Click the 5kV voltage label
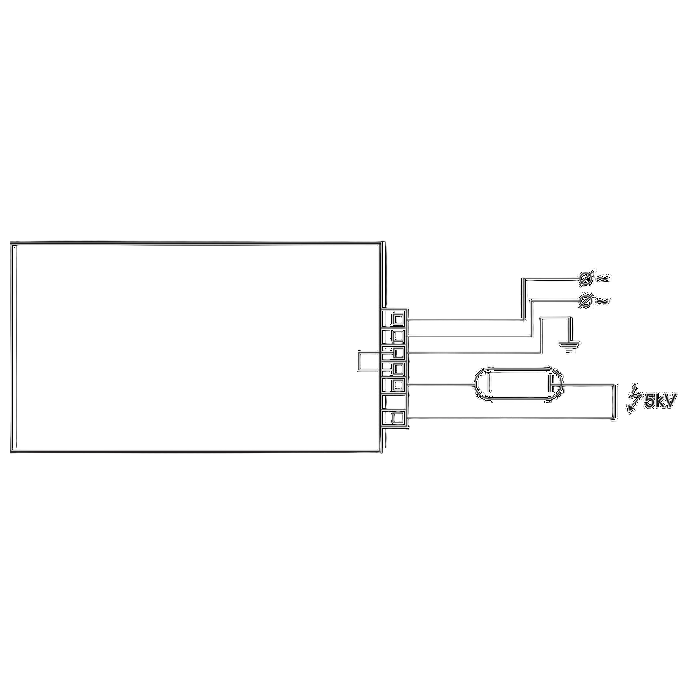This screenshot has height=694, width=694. [x=660, y=401]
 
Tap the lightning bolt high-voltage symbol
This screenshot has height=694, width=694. [x=634, y=398]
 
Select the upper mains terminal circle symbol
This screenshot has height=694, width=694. [x=586, y=278]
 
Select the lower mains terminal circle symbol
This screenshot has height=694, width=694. [x=586, y=301]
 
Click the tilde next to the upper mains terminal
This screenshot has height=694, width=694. [x=602, y=278]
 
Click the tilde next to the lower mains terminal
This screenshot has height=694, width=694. [x=602, y=301]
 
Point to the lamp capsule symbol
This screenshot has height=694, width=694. [x=519, y=383]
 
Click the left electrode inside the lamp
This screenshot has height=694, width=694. [x=488, y=384]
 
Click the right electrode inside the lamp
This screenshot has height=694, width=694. [x=552, y=384]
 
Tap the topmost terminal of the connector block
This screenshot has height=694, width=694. [x=393, y=318]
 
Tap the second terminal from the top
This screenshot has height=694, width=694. [x=393, y=336]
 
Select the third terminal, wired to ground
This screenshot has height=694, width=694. [x=393, y=353]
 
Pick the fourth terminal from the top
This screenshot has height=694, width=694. [x=393, y=369]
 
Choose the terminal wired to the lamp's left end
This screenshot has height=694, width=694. [x=393, y=385]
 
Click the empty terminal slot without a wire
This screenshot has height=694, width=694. [x=393, y=402]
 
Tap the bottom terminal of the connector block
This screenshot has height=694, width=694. [x=393, y=418]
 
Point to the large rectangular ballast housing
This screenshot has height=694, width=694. [x=198, y=347]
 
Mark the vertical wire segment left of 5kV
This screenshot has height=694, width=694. [x=615, y=402]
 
